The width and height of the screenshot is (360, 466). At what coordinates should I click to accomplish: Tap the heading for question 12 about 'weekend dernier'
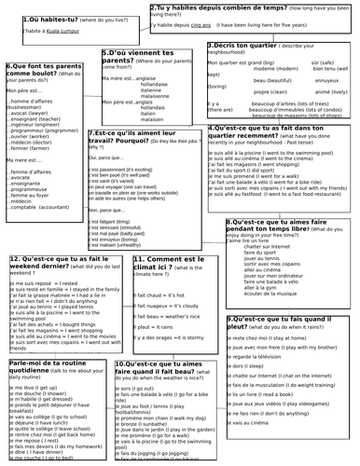click(56, 264)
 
